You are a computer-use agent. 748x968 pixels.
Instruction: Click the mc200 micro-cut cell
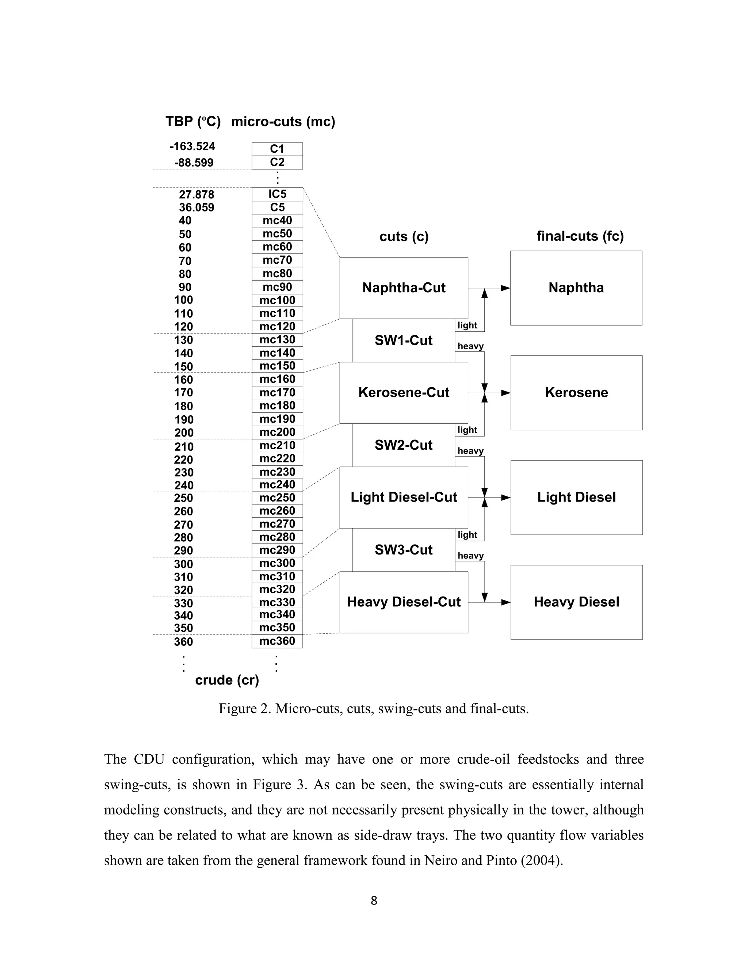pyautogui.click(x=277, y=432)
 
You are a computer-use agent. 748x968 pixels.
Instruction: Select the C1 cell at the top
pyautogui.click(x=277, y=149)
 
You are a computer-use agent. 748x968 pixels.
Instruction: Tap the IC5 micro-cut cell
pyautogui.click(x=277, y=194)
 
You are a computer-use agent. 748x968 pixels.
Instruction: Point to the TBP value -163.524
pyautogui.click(x=192, y=146)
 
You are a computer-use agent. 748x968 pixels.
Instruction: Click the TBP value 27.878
pyautogui.click(x=196, y=195)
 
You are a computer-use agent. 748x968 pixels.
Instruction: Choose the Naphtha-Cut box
pyautogui.click(x=404, y=287)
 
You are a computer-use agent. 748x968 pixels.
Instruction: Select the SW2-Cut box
pyautogui.click(x=403, y=445)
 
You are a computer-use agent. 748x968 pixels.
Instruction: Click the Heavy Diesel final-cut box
pyautogui.click(x=576, y=602)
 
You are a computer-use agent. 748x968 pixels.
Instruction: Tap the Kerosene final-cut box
pyautogui.click(x=576, y=392)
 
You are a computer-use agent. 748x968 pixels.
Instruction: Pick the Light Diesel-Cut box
pyautogui.click(x=404, y=497)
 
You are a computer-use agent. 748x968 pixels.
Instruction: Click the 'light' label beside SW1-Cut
pyautogui.click(x=467, y=325)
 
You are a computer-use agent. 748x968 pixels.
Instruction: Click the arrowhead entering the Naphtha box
pyautogui.click(x=505, y=288)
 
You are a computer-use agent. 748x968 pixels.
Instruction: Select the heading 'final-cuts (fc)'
pyautogui.click(x=580, y=236)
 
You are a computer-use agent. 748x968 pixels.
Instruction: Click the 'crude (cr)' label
pyautogui.click(x=227, y=680)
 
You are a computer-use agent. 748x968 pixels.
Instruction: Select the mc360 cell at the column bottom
pyautogui.click(x=277, y=641)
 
